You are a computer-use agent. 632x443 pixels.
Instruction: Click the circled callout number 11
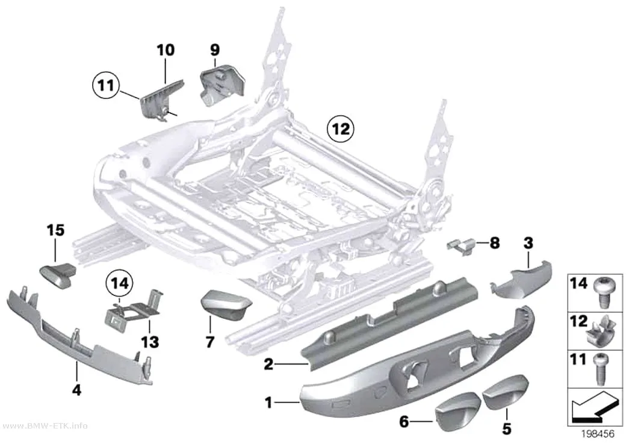click(x=106, y=86)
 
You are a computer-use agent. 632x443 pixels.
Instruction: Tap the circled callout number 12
click(x=341, y=129)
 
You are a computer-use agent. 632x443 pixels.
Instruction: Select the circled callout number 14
click(x=120, y=283)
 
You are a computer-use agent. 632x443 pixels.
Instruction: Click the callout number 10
click(x=166, y=50)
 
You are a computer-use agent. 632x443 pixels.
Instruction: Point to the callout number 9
click(x=215, y=50)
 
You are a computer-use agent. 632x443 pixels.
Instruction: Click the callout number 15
click(x=55, y=230)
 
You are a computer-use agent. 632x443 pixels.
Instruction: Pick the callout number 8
click(x=495, y=243)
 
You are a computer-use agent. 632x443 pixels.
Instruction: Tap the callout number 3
click(x=528, y=243)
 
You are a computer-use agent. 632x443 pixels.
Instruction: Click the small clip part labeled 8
click(x=461, y=246)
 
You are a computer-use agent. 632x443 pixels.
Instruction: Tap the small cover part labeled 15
click(x=58, y=275)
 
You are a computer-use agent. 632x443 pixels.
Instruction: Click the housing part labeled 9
click(x=222, y=85)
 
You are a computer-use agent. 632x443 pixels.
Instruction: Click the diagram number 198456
click(x=597, y=434)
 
